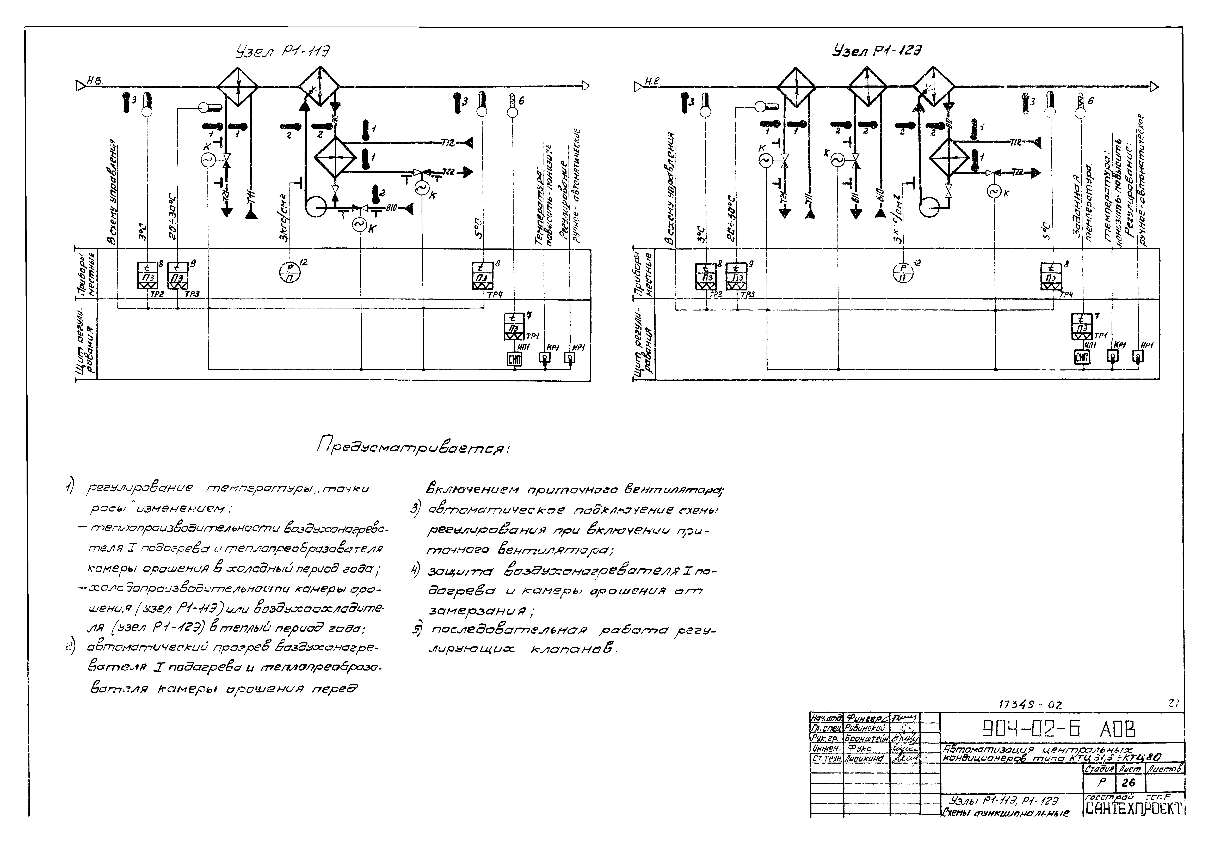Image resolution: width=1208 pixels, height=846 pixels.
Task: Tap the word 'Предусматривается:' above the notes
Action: coord(413,449)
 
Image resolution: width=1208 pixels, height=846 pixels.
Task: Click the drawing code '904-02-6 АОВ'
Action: coord(1059,729)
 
